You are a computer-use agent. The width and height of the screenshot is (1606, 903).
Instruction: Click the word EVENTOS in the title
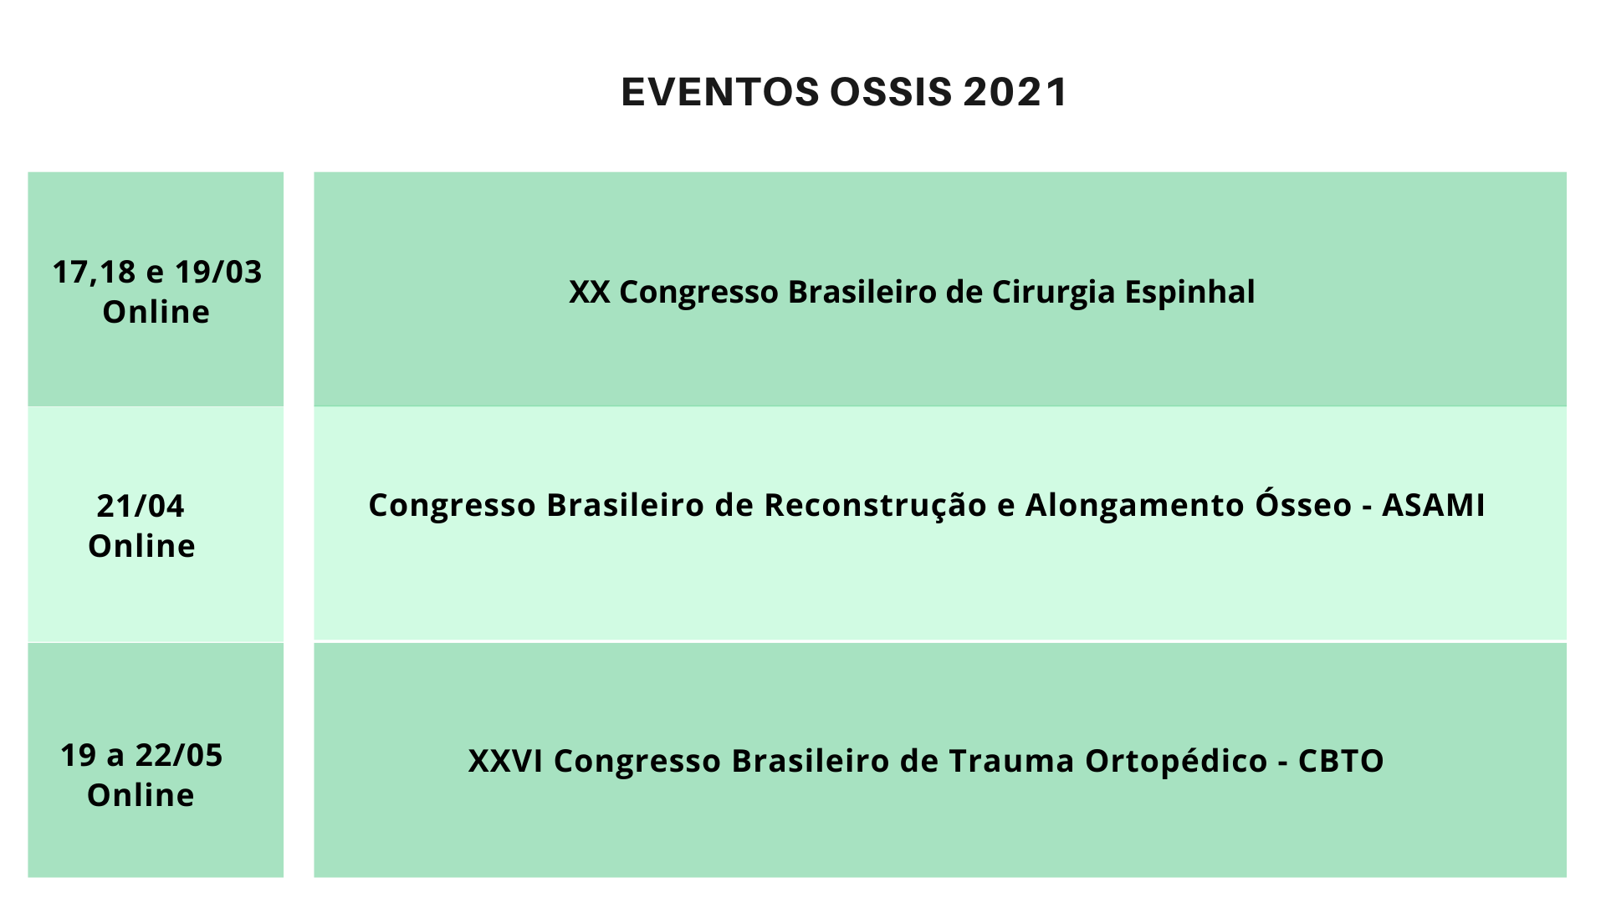pyautogui.click(x=720, y=92)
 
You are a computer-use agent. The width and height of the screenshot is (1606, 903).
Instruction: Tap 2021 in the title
pyautogui.click(x=1015, y=92)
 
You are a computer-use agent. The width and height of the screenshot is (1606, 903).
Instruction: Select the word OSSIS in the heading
pyautogui.click(x=891, y=92)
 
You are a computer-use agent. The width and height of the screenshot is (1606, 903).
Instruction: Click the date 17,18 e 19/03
pyautogui.click(x=157, y=273)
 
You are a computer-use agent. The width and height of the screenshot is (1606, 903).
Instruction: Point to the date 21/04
pyautogui.click(x=141, y=506)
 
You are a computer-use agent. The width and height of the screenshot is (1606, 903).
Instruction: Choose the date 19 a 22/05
pyautogui.click(x=141, y=755)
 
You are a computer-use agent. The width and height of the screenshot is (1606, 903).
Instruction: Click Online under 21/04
pyautogui.click(x=141, y=546)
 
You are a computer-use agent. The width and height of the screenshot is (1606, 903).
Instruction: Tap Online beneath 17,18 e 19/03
pyautogui.click(x=156, y=312)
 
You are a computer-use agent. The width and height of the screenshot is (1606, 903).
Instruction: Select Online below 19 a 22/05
pyautogui.click(x=141, y=795)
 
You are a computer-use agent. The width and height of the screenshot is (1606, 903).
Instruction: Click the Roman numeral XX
pyautogui.click(x=589, y=292)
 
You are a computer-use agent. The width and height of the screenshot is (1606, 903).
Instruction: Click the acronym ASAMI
pyautogui.click(x=1433, y=505)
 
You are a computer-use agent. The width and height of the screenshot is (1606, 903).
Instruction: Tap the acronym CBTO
pyautogui.click(x=1341, y=761)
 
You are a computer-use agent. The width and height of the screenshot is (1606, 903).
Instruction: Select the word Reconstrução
pyautogui.click(x=876, y=506)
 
